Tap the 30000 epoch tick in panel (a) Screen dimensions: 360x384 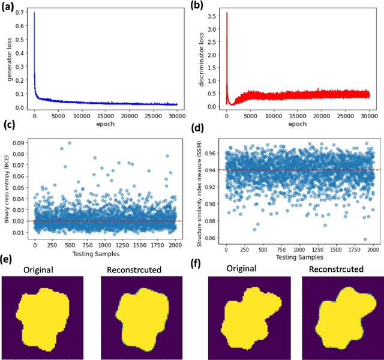[x=177, y=116]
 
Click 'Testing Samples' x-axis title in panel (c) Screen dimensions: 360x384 [x=106, y=254]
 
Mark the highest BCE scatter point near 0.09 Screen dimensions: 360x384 [x=70, y=143]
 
